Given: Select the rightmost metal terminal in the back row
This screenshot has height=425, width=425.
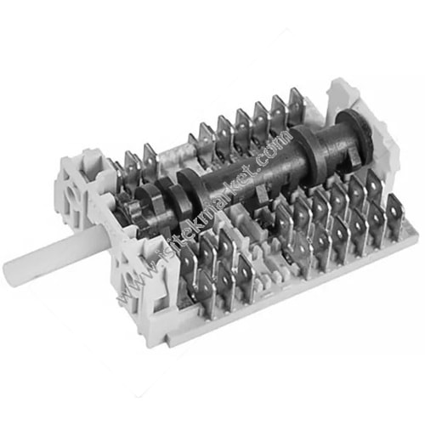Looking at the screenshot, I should point(297,106).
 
